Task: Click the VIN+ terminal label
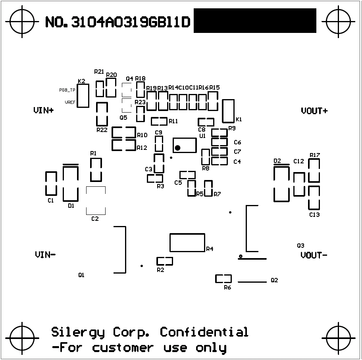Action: coord(44,111)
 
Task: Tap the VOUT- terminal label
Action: coord(314,255)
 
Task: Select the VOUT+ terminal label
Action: coord(314,111)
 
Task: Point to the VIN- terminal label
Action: coord(45,255)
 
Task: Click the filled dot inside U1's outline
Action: coord(178,148)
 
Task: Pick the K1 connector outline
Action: coord(229,111)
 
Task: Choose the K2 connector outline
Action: coord(83,96)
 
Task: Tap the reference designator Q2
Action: coord(274,280)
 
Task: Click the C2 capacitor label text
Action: coord(95,219)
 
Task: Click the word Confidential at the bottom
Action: coord(204,332)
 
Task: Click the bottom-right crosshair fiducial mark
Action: coord(339,338)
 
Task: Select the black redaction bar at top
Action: coord(255,21)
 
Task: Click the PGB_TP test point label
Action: coord(67,90)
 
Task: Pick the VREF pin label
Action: coord(70,102)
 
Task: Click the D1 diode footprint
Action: coord(71,183)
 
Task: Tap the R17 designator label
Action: coord(315,155)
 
